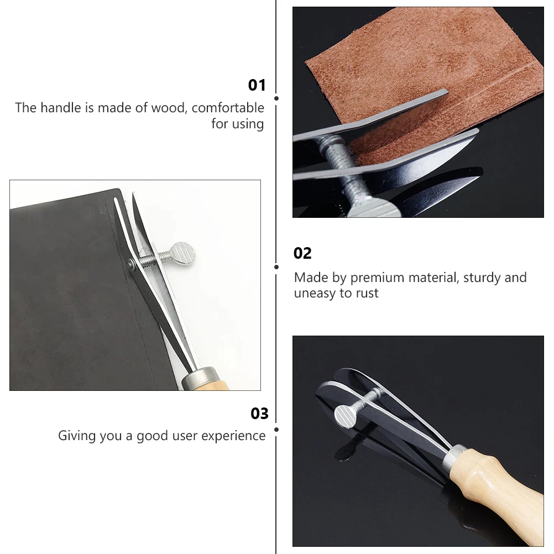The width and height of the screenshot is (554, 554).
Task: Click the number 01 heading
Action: tap(257, 85)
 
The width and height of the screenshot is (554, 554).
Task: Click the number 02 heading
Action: tap(302, 253)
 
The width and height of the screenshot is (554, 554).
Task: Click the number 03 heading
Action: tap(259, 414)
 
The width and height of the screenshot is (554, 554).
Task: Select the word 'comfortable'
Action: tap(228, 108)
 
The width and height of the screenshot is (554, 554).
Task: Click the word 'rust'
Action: tap(367, 293)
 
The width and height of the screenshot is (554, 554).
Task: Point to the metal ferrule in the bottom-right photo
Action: tap(456, 457)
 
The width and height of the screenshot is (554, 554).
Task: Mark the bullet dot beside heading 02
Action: tap(276, 266)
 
